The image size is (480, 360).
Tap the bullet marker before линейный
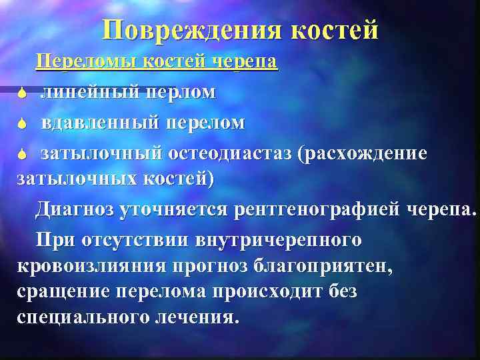click(22, 94)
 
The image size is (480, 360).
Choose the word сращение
click(63, 291)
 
